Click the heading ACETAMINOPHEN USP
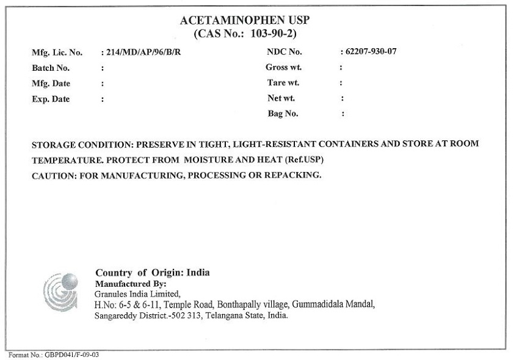click(x=245, y=20)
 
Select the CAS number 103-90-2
click(x=274, y=33)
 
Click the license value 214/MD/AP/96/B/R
click(x=143, y=52)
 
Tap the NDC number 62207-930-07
click(x=371, y=52)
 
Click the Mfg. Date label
click(x=51, y=84)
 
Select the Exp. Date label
click(x=51, y=99)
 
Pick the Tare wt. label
click(x=283, y=82)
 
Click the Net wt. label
click(x=281, y=98)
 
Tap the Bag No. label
click(x=283, y=113)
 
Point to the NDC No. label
click(x=285, y=52)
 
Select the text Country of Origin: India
click(x=152, y=273)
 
